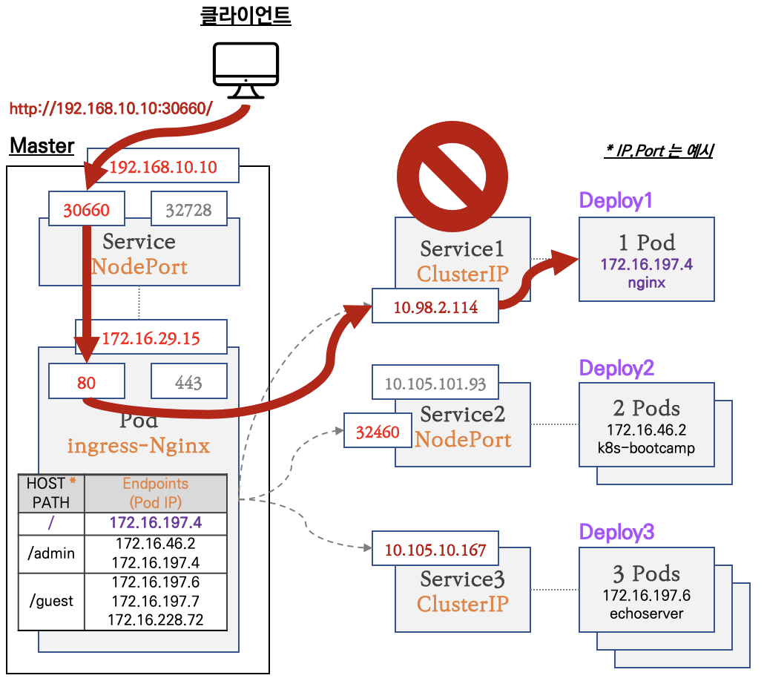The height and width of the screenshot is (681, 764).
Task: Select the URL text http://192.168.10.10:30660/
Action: pos(111,108)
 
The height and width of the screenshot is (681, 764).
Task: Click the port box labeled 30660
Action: pos(87,210)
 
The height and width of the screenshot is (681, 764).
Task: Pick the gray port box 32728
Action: pos(188,210)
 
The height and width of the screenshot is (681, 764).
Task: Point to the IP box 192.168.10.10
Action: pos(163,167)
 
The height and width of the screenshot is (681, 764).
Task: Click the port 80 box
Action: pos(87,382)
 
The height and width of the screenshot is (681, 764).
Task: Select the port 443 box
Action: pos(188,382)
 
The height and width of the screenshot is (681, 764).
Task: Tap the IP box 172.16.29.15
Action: pos(151,338)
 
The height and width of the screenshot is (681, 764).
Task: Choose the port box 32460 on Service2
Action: pos(378,432)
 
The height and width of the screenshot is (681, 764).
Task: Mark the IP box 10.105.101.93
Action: pos(435,384)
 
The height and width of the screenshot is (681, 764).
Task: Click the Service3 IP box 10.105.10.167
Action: pos(435,550)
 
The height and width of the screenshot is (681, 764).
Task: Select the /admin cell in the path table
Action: pos(51,553)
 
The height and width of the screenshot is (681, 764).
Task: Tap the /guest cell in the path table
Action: pos(51,601)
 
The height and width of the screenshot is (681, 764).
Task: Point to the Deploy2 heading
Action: pos(616,368)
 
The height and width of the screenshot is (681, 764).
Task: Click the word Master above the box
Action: pos(42,146)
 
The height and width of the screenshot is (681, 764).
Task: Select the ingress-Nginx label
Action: pos(139,446)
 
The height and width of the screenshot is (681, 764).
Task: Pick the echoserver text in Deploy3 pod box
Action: pos(646,613)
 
